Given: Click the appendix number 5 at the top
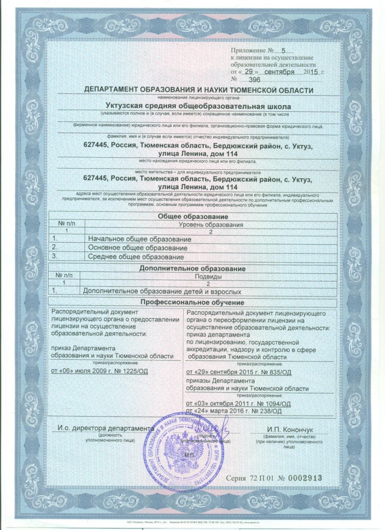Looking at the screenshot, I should [x=283, y=51].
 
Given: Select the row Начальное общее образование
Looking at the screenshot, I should [x=139, y=240].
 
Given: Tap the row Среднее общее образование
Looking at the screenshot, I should [x=136, y=257].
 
